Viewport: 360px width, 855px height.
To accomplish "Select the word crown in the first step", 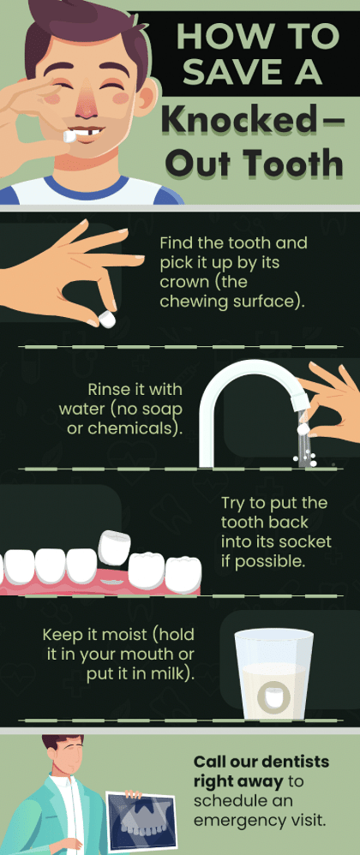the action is click(x=182, y=282).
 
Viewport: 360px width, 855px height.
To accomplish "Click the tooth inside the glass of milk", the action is click(x=273, y=694).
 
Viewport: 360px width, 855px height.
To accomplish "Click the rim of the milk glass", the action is click(x=273, y=635).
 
